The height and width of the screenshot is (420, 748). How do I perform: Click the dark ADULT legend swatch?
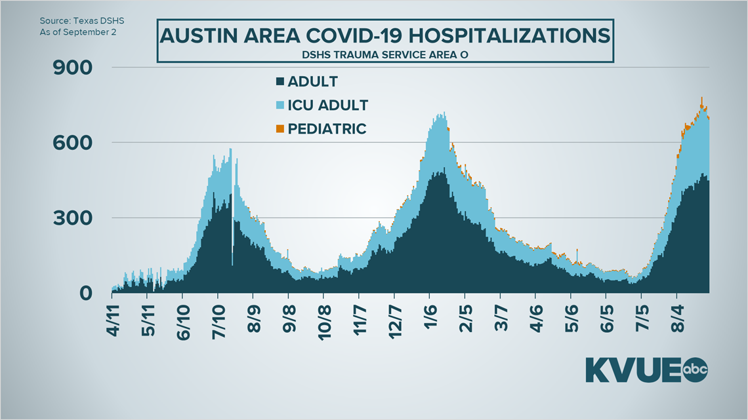(x=280, y=82)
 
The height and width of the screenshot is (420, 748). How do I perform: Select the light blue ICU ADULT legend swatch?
(x=280, y=105)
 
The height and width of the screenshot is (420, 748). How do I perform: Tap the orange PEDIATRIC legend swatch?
(x=280, y=129)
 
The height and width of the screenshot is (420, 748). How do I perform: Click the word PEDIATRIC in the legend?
(x=328, y=129)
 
